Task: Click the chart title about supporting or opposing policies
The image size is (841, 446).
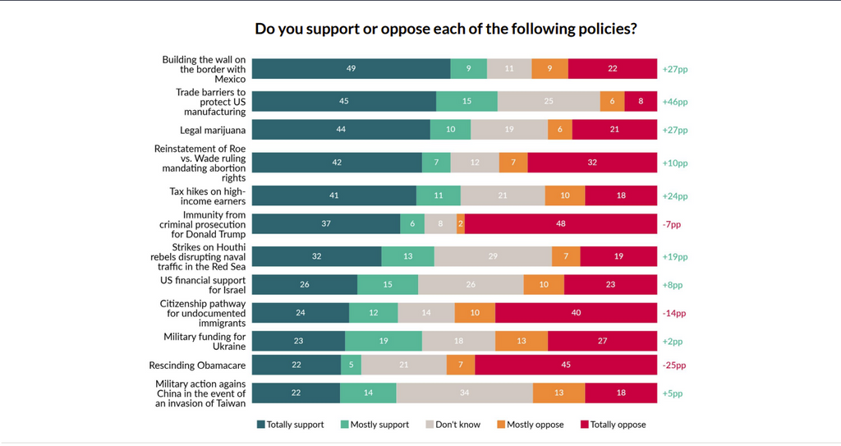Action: click(446, 29)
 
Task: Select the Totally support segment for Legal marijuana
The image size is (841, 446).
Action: click(341, 130)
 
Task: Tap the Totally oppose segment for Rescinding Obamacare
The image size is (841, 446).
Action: click(566, 366)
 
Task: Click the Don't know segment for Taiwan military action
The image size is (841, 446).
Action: click(464, 393)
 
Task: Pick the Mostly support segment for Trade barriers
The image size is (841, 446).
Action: click(466, 101)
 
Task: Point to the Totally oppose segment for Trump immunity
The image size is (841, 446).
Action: click(561, 224)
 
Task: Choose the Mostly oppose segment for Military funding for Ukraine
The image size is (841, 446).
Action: click(522, 342)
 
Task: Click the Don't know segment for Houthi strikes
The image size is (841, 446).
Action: click(493, 256)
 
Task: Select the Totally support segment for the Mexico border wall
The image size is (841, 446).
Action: click(351, 69)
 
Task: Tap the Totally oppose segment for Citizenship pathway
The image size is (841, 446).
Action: click(576, 313)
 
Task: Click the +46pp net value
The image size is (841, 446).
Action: click(674, 102)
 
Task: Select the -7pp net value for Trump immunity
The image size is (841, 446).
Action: click(671, 224)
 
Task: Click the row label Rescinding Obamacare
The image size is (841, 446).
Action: click(197, 366)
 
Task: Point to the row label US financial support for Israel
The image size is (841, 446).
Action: click(203, 285)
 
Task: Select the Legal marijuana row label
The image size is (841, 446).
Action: click(213, 130)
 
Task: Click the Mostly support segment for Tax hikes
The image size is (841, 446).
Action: click(438, 195)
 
